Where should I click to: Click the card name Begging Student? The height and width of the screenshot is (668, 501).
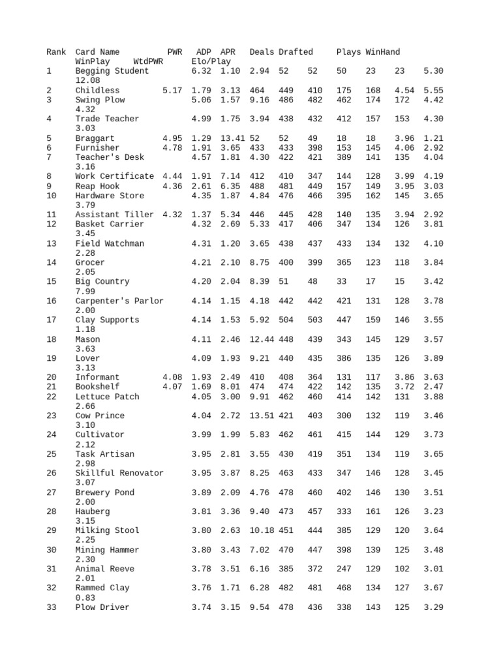tap(112, 71)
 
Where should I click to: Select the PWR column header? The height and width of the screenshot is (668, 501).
tap(175, 52)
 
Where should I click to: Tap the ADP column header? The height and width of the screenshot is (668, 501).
tap(204, 52)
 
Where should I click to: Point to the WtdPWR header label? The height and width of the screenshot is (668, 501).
tap(147, 61)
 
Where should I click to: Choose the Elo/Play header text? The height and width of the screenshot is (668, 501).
tap(211, 61)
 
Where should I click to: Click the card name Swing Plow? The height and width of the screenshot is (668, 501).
tap(100, 100)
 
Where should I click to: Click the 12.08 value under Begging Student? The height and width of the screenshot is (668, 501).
tap(87, 80)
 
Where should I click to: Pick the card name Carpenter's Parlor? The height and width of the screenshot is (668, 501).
tap(119, 301)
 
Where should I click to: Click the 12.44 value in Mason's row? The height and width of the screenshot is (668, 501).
tap(262, 339)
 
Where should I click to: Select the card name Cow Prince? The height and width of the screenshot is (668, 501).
tap(100, 416)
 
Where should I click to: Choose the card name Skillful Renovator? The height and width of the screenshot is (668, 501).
tap(119, 473)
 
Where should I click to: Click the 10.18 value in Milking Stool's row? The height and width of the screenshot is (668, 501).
tap(262, 530)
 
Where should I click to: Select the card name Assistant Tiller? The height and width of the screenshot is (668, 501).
tap(114, 215)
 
